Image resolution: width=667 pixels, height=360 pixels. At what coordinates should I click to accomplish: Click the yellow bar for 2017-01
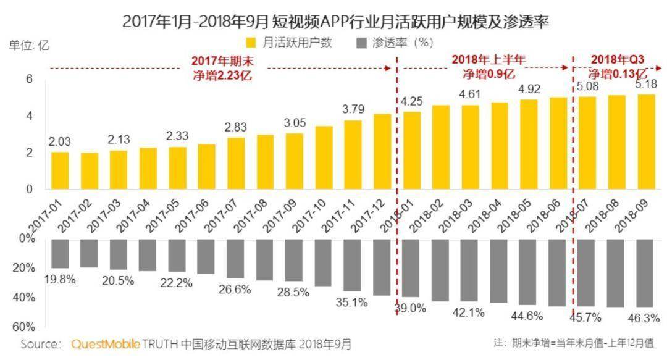click(x=60, y=170)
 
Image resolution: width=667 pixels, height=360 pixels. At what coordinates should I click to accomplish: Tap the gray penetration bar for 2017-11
click(x=353, y=265)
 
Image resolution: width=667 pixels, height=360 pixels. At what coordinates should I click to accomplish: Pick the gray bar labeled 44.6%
click(x=527, y=272)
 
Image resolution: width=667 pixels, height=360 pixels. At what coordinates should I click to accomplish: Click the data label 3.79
click(x=353, y=110)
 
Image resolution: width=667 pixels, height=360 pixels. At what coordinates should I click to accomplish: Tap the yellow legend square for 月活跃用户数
click(x=251, y=43)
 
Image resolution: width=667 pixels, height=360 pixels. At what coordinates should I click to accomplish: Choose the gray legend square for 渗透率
click(x=362, y=43)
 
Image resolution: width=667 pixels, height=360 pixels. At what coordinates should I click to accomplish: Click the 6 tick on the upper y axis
click(x=28, y=79)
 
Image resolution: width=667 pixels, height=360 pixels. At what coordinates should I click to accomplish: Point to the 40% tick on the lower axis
click(x=24, y=297)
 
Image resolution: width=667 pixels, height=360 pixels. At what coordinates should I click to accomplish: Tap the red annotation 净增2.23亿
click(x=222, y=75)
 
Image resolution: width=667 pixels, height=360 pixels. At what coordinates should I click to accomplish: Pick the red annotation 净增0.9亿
click(x=489, y=74)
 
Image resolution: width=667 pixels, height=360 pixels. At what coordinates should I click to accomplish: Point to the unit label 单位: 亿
click(x=28, y=45)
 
